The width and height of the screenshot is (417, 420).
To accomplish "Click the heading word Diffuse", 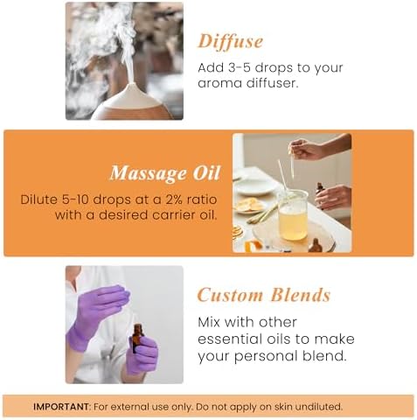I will point(230,41).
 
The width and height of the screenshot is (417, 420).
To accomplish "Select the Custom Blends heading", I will point(263,295).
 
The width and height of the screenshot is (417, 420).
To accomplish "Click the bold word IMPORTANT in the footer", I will point(63,406).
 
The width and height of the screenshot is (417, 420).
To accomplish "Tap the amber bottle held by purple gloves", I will point(137,338).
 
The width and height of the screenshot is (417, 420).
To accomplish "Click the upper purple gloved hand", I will point(96,306).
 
